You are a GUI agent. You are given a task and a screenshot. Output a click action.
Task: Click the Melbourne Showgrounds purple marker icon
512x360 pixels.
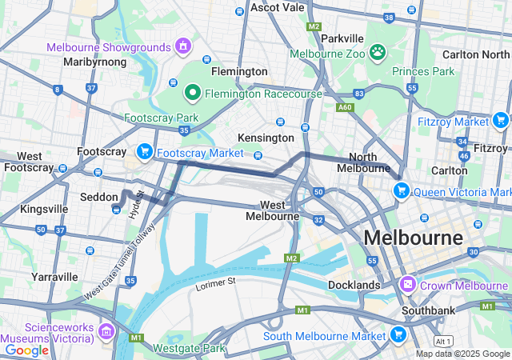pos(183,46)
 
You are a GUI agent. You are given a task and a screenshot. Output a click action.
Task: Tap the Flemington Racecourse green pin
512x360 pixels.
pos(192,94)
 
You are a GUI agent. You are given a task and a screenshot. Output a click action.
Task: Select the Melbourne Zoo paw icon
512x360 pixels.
pos(378,54)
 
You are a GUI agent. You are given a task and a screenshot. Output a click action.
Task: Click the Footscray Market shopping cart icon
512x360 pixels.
pos(145,151)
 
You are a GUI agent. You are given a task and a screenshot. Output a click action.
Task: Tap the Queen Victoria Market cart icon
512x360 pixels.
pos(401,191)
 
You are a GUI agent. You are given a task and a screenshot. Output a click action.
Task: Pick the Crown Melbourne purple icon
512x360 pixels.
pos(408,285)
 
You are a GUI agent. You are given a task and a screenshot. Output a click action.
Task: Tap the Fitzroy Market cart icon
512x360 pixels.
pos(501,122)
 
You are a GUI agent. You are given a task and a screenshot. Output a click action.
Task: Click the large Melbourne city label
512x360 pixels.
pos(413,238)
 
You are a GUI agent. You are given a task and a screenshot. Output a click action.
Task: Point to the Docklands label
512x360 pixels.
pos(354,285)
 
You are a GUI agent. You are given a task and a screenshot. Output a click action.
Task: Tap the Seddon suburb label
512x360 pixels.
pos(99,197)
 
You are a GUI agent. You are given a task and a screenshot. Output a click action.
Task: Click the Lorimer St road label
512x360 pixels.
pos(216,282)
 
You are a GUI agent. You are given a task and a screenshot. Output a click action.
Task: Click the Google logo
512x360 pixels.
pos(26,350)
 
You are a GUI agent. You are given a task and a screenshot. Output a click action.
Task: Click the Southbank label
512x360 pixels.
pos(429,310)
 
